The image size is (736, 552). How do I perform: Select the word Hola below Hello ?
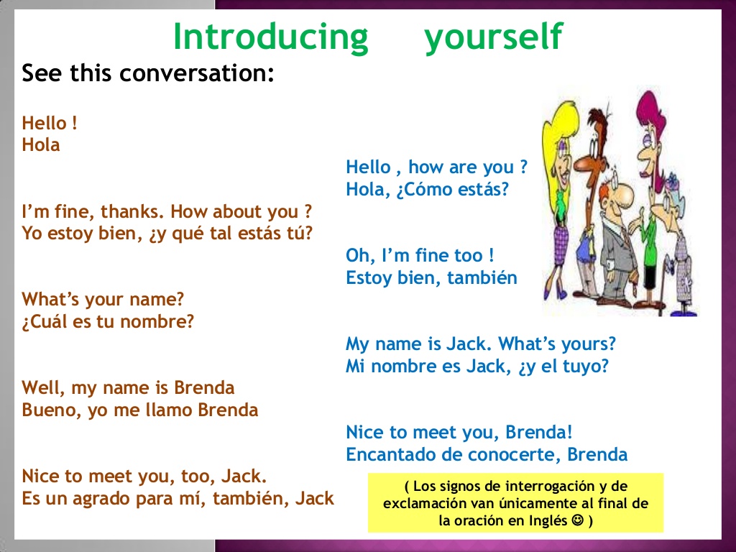click(41, 145)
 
